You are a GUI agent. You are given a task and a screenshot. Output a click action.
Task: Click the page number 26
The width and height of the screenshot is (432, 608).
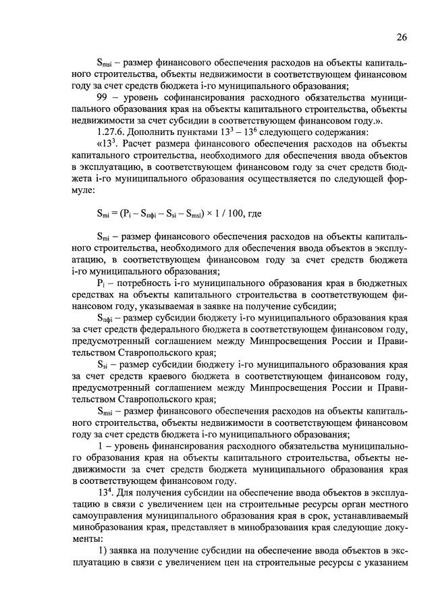402,36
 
